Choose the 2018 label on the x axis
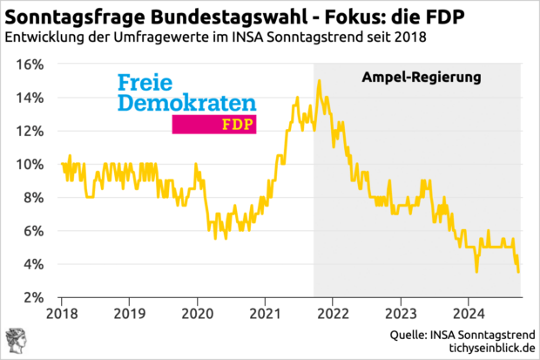click(63, 313)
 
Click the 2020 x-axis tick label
click(197, 313)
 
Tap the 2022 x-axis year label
click(333, 313)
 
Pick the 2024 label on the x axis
click(469, 313)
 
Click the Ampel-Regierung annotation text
click(422, 78)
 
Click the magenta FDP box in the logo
click(214, 124)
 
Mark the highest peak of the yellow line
click(320, 80)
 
